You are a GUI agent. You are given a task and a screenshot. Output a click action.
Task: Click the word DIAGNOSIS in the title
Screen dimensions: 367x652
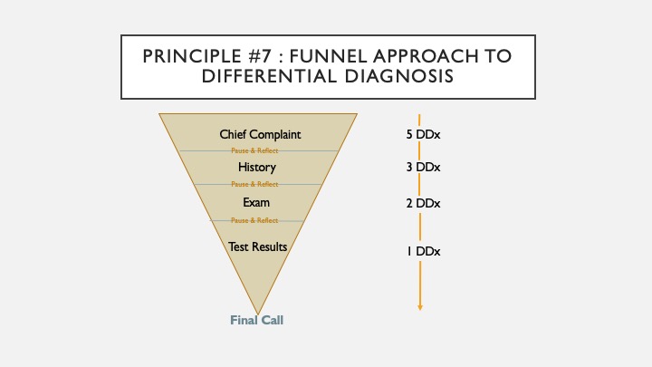401,78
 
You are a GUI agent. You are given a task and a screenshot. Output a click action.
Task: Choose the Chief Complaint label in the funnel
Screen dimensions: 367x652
260,135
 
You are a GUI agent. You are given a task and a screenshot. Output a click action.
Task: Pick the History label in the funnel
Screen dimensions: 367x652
257,168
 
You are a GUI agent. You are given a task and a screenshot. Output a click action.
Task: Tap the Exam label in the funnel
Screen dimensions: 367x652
257,202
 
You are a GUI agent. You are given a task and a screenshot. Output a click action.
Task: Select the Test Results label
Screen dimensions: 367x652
257,246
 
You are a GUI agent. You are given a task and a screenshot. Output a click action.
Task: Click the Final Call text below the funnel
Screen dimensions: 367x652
258,320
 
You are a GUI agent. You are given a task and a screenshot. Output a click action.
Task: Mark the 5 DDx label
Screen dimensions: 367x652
423,135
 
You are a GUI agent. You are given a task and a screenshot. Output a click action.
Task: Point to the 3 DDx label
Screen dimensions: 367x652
423,169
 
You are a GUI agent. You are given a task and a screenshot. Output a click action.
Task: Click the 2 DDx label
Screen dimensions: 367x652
423,203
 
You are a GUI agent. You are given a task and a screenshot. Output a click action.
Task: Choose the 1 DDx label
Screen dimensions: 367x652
423,250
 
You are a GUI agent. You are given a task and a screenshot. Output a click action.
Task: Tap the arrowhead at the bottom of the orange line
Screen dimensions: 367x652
420,307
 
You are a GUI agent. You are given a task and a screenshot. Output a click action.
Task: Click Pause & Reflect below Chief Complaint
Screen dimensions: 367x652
254,150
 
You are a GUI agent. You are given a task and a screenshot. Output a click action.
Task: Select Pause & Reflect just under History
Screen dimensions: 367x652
254,184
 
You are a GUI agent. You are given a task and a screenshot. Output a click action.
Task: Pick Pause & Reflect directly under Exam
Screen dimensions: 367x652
254,220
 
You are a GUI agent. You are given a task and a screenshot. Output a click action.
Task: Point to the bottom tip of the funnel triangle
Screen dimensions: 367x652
258,312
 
